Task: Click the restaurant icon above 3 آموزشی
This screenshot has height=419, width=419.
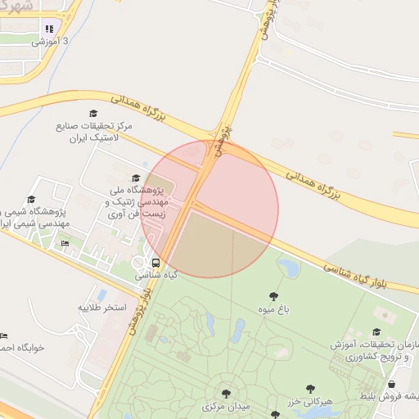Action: coord(49,29)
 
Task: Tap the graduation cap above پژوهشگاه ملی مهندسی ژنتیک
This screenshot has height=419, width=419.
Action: coord(135,178)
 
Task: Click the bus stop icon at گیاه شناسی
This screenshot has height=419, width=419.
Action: coord(155,263)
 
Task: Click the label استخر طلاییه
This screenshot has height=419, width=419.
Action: coord(102,307)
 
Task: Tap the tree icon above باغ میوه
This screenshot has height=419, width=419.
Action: coord(273,296)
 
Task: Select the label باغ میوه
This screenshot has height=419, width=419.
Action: coord(273,309)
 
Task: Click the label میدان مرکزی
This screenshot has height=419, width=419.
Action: coord(225,406)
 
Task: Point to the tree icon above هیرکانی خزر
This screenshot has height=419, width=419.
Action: coord(310,389)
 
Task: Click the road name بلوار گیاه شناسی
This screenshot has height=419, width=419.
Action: coord(369,275)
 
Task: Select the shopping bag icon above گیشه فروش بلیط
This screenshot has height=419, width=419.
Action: coord(391,384)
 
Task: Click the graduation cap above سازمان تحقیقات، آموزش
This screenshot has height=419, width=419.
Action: coord(376,331)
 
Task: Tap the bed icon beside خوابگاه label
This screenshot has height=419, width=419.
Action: coord(3,336)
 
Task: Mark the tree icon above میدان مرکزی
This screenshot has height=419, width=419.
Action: coord(226,394)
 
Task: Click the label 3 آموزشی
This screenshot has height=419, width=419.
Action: coord(52,40)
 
